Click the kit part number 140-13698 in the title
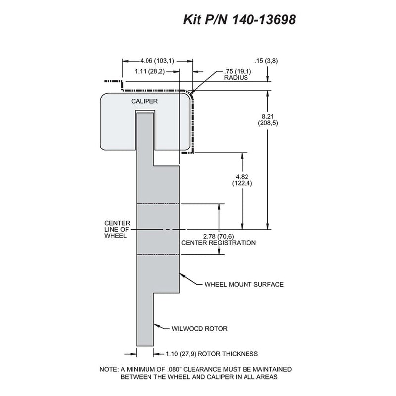click(x=263, y=19)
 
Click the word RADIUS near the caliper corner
click(x=236, y=78)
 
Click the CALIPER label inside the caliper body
click(x=145, y=101)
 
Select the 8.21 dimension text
click(x=268, y=117)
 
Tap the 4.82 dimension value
click(x=242, y=177)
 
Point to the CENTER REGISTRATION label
click(x=218, y=243)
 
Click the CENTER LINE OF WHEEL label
click(x=117, y=230)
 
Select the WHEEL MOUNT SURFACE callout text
click(x=244, y=284)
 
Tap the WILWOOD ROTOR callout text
click(x=199, y=329)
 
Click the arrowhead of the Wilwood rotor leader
click(x=156, y=325)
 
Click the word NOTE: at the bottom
click(x=109, y=369)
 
